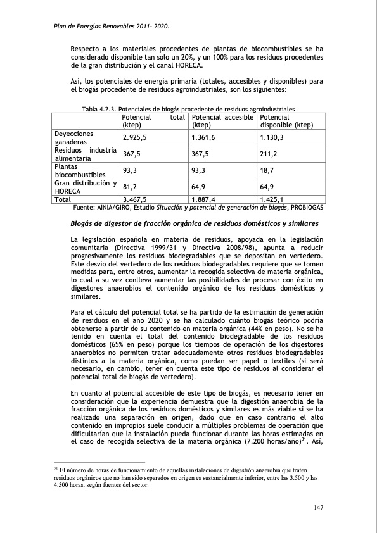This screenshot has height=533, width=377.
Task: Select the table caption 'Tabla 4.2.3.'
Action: (99, 110)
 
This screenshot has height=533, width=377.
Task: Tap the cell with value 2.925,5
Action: (135, 137)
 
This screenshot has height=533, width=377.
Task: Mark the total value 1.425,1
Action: (272, 199)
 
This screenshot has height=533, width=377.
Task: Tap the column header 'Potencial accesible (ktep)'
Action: (222, 122)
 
